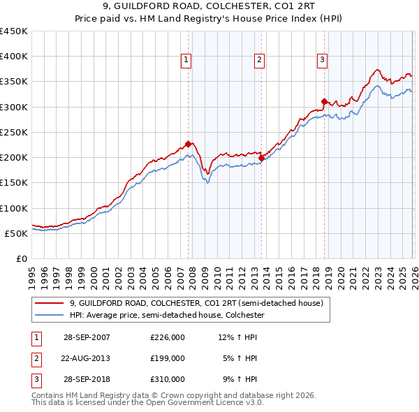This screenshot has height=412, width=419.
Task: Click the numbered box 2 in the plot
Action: coord(259,61)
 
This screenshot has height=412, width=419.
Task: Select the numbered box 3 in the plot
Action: coord(322,61)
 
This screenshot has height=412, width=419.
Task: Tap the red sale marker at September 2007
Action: coord(188,145)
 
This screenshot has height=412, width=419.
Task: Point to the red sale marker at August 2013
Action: coord(260,158)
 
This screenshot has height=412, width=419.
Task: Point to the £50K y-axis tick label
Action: coord(16,233)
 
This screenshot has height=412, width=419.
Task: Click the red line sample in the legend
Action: coord(50,304)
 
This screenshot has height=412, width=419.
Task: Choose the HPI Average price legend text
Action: coord(168,316)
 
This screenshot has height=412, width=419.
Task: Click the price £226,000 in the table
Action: coord(168,337)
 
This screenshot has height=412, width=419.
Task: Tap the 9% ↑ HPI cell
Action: coord(240,379)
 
